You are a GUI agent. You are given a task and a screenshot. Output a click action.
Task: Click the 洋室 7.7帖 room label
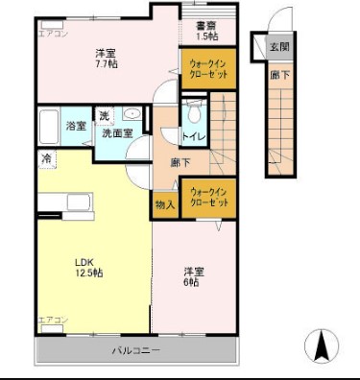coord(105,59)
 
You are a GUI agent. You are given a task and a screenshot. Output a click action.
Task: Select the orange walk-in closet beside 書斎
coord(206,70)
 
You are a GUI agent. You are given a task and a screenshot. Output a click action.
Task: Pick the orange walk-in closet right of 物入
coord(208,198)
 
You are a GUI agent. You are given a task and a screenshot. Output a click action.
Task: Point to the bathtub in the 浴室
coord(49,126)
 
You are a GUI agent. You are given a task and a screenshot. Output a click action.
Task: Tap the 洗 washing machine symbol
coord(105,117)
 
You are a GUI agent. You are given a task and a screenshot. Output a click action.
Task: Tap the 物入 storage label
coord(163,204)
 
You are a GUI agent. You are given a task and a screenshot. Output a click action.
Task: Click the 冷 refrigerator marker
coord(45,157)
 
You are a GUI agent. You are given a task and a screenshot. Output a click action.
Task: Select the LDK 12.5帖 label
coord(89,266)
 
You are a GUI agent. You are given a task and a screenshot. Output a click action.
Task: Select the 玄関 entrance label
coord(278,46)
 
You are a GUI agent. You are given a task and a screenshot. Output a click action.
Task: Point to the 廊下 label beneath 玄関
coord(277,73)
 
